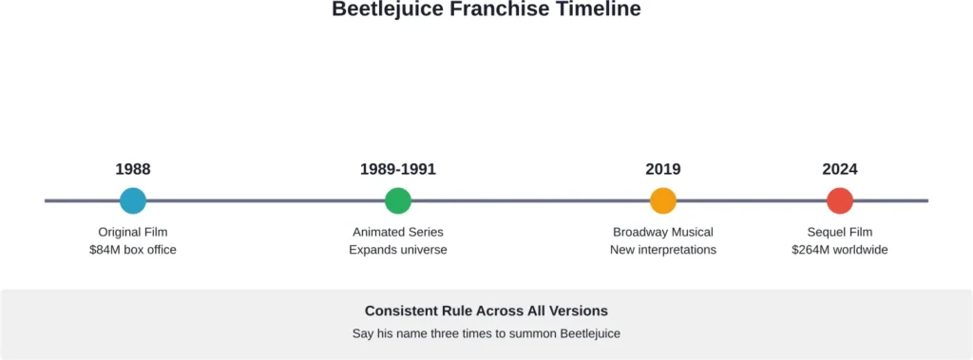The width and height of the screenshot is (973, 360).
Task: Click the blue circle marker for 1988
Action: click(x=133, y=200)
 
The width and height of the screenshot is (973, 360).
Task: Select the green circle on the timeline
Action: click(x=398, y=200)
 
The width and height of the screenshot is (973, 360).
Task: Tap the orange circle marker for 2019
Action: click(x=663, y=200)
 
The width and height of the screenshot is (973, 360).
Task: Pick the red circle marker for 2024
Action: click(x=840, y=200)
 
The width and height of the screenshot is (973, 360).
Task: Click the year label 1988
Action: click(x=133, y=170)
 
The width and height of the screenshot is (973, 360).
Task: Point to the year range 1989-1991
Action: click(x=398, y=170)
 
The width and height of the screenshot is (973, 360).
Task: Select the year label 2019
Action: click(x=663, y=170)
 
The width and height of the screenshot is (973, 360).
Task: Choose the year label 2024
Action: click(x=840, y=170)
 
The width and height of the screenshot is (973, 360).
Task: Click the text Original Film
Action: click(x=133, y=232)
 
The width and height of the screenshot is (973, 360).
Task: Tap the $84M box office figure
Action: click(x=133, y=250)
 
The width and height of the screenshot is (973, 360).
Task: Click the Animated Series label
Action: click(x=398, y=232)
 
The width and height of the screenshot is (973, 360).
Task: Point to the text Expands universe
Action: click(x=398, y=250)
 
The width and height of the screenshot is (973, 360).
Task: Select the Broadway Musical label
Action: click(x=663, y=232)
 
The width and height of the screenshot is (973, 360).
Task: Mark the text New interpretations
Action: click(x=663, y=250)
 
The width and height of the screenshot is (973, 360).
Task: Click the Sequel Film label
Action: click(x=840, y=232)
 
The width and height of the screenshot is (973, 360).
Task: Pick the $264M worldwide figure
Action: click(x=840, y=250)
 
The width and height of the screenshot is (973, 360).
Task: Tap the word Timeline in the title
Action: click(x=599, y=9)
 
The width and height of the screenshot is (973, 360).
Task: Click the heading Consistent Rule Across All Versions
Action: click(x=486, y=311)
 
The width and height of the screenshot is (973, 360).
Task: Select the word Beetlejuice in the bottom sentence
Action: click(x=588, y=333)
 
